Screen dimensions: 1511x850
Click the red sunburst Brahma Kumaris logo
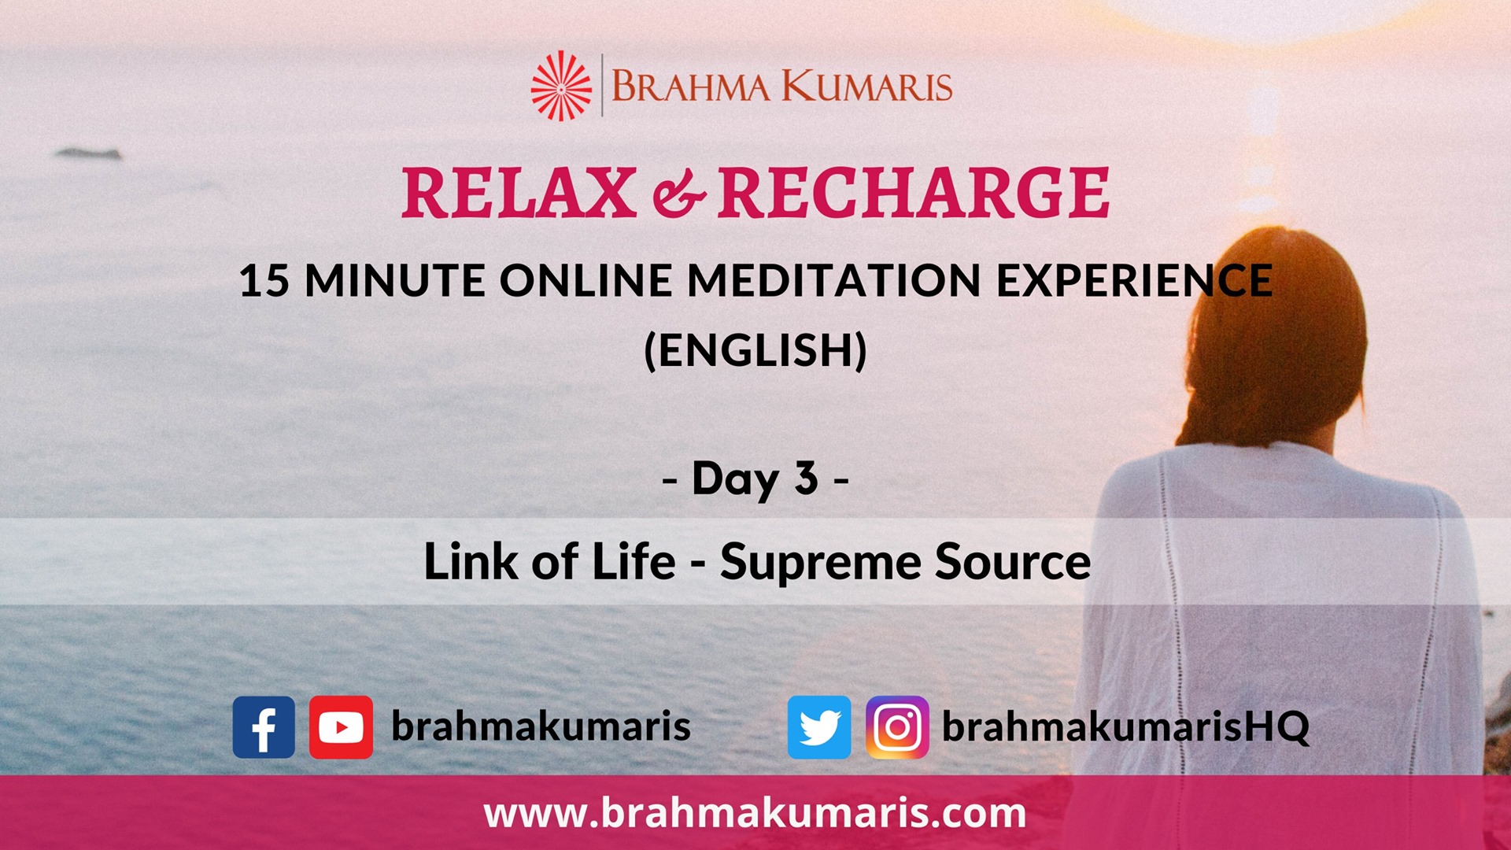pyautogui.click(x=560, y=86)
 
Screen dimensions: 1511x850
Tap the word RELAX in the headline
pyautogui.click(x=519, y=193)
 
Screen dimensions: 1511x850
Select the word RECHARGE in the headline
pyautogui.click(x=914, y=193)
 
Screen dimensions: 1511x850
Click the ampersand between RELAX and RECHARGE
pyautogui.click(x=678, y=195)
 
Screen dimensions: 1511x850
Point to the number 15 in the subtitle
pyautogui.click(x=264, y=280)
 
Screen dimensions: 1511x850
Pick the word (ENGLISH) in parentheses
pyautogui.click(x=755, y=350)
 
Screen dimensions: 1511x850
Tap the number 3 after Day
pyautogui.click(x=807, y=478)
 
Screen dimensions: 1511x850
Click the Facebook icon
pyautogui.click(x=264, y=727)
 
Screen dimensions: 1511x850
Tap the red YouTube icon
pyautogui.click(x=341, y=727)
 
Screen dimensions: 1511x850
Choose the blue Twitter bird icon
pyautogui.click(x=819, y=727)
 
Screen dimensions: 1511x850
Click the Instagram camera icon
pyautogui.click(x=897, y=727)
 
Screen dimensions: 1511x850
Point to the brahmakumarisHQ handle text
pyautogui.click(x=1126, y=726)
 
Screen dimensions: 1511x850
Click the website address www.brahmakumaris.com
pyautogui.click(x=755, y=812)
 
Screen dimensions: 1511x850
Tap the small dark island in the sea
pyautogui.click(x=88, y=153)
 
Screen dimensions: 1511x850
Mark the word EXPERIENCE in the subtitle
pyautogui.click(x=1135, y=280)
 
